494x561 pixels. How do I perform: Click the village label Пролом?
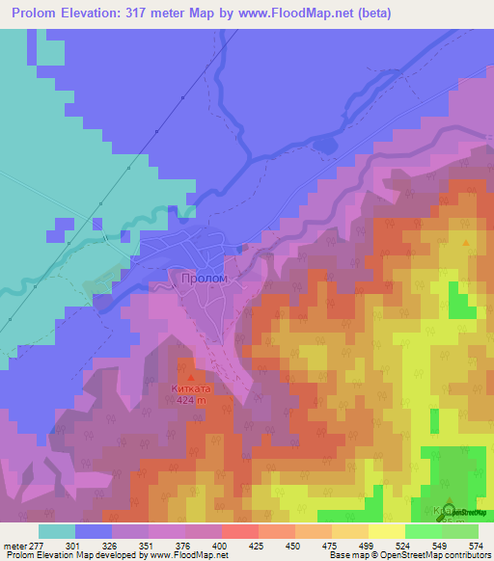(x=204, y=279)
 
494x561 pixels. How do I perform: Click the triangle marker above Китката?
(x=190, y=377)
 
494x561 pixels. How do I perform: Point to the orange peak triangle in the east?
(x=468, y=243)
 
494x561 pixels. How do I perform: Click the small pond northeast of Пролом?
(x=325, y=145)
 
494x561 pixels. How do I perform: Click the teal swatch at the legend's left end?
(x=57, y=531)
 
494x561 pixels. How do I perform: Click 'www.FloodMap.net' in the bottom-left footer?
(x=194, y=555)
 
